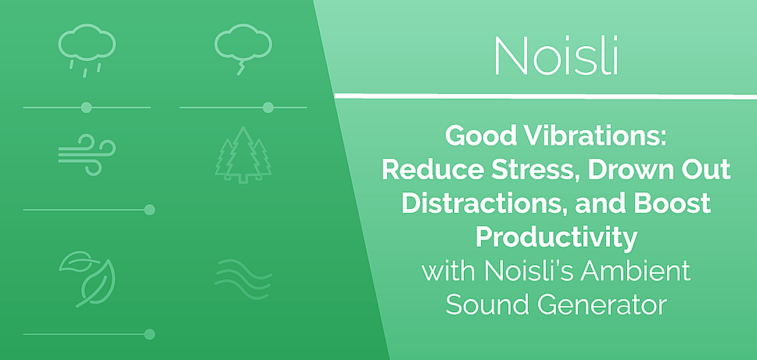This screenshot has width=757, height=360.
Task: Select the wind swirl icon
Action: pyautogui.click(x=87, y=155)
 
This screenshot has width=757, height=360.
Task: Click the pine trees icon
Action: pyautogui.click(x=243, y=155)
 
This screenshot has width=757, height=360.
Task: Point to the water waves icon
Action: pyautogui.click(x=243, y=279)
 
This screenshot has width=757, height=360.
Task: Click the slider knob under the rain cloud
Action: pyautogui.click(x=86, y=107)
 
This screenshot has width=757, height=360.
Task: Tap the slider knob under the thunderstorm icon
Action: pyautogui.click(x=268, y=107)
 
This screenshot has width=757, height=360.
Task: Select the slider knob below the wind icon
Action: pyautogui.click(x=149, y=210)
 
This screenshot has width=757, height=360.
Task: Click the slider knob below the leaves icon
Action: pyautogui.click(x=149, y=334)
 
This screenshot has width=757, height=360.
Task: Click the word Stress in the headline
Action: pyautogui.click(x=533, y=169)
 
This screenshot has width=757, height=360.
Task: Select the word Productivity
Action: pyautogui.click(x=556, y=238)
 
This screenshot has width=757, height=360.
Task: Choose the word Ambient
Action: pyautogui.click(x=635, y=271)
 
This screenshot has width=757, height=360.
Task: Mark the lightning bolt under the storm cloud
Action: pyautogui.click(x=241, y=68)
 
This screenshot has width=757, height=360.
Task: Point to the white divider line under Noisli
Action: pyautogui.click(x=545, y=97)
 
